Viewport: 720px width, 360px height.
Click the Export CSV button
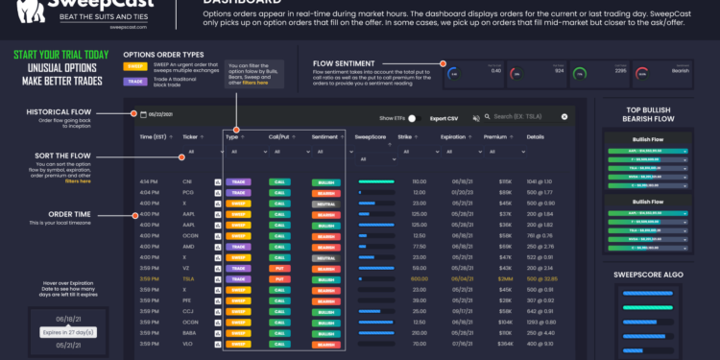pyautogui.click(x=444, y=117)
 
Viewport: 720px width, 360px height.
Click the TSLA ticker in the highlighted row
pyautogui.click(x=189, y=278)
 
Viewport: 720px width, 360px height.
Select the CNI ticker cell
pyautogui.click(x=188, y=180)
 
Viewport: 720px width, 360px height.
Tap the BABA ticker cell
pyautogui.click(x=190, y=333)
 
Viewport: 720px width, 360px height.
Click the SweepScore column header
pyautogui.click(x=371, y=137)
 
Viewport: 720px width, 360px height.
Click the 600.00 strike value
pyautogui.click(x=419, y=278)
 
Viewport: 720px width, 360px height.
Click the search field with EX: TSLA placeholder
pyautogui.click(x=530, y=117)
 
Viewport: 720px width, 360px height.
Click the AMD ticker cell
pyautogui.click(x=189, y=246)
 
